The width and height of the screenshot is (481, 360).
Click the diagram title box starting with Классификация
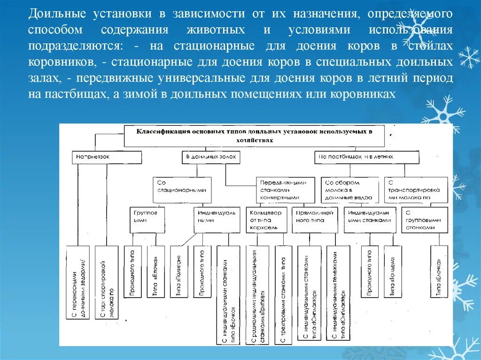254,135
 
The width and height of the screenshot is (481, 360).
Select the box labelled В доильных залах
211,157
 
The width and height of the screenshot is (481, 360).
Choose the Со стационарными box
182,186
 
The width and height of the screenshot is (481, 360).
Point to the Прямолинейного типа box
314,220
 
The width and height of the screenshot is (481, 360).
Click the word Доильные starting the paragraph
50,13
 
